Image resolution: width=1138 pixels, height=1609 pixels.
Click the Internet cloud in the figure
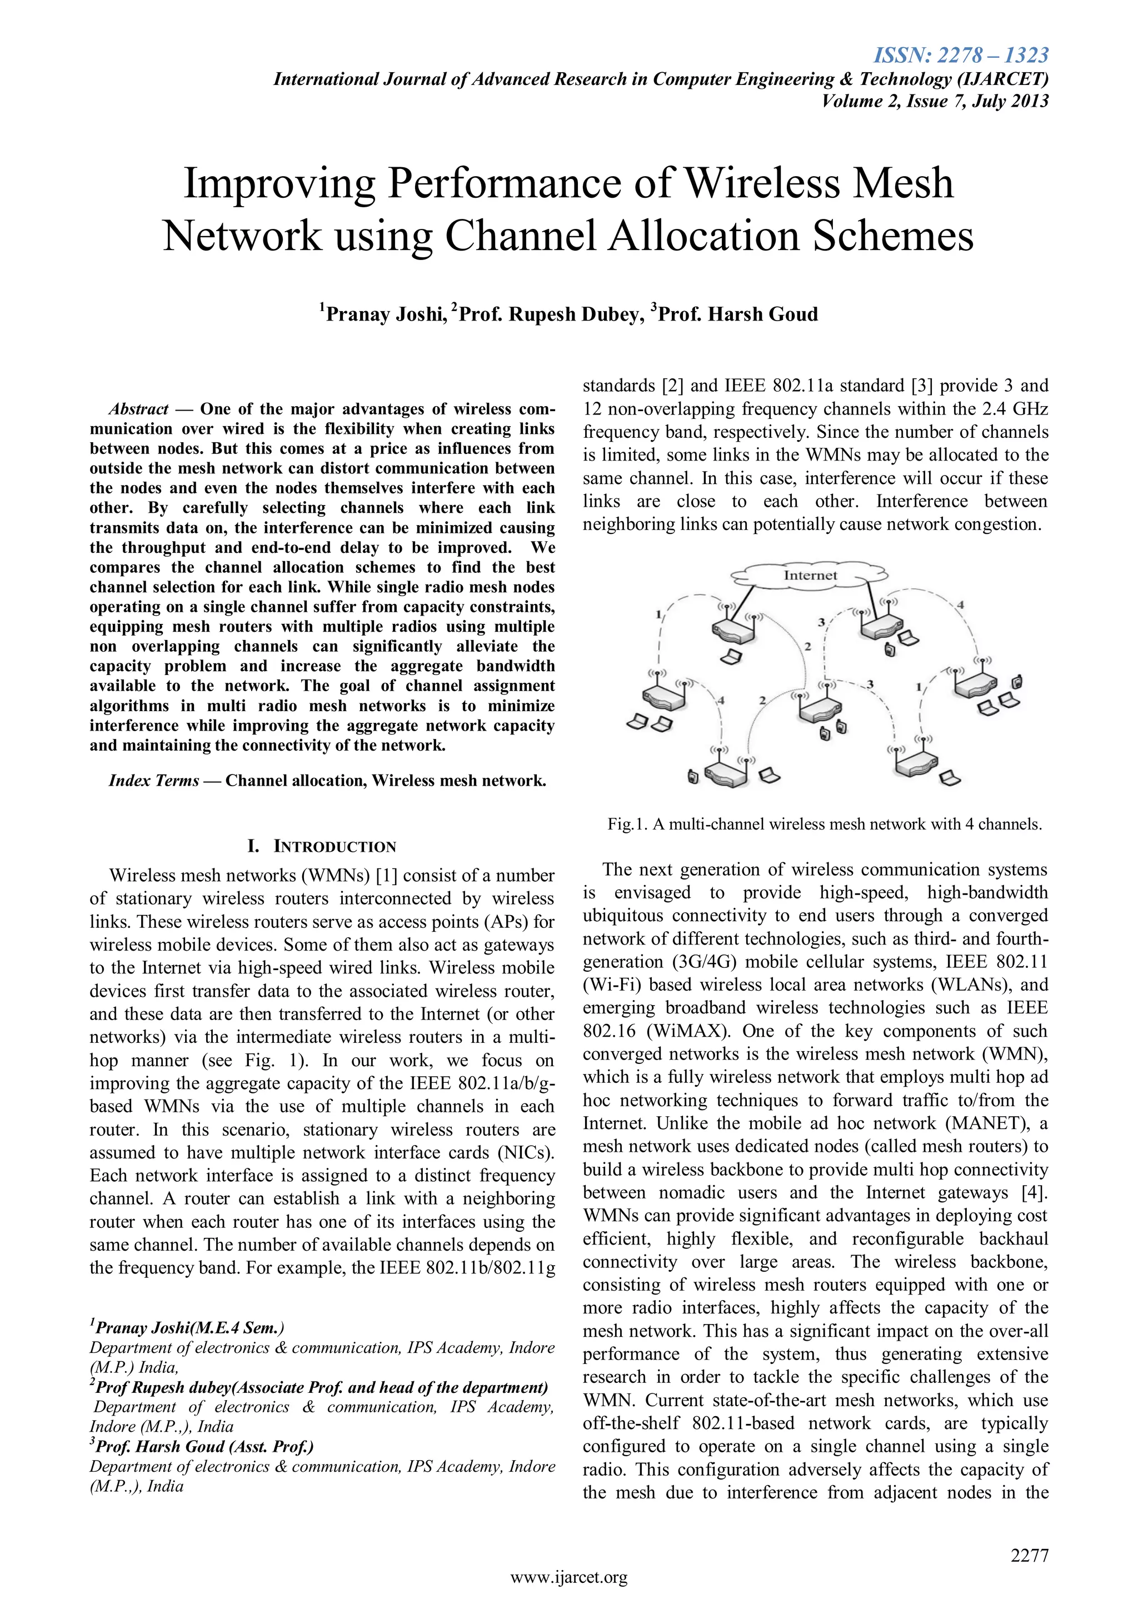click(x=810, y=576)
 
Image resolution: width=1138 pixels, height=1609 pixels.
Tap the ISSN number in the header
click(x=961, y=54)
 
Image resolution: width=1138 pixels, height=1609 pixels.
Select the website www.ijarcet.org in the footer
click(x=569, y=1577)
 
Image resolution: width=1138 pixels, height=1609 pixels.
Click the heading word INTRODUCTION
click(x=335, y=847)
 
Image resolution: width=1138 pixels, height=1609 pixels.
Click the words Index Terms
click(x=154, y=781)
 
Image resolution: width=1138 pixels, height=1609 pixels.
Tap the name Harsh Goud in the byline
click(x=762, y=314)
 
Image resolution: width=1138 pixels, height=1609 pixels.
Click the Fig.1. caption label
click(x=628, y=824)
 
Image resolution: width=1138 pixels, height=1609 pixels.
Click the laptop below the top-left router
click(x=732, y=657)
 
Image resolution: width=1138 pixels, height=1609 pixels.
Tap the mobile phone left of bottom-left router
click(x=692, y=777)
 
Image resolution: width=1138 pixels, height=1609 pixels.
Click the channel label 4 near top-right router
click(x=960, y=604)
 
